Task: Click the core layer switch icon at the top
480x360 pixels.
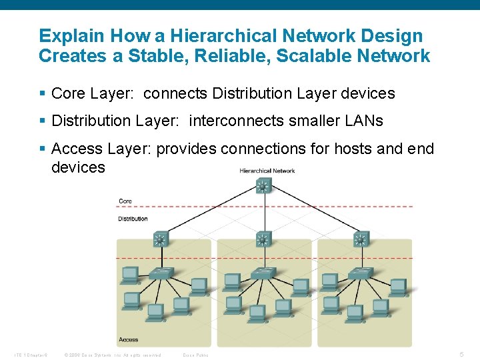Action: [263, 186]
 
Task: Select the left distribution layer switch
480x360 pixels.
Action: [160, 239]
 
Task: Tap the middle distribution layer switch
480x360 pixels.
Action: [263, 239]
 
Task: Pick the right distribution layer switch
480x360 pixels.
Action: [361, 239]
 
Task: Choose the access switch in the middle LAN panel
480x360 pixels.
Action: [263, 273]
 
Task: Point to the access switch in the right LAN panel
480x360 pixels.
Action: [361, 273]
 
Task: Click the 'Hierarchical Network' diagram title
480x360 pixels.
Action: [267, 171]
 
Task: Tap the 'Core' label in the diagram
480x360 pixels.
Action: [125, 201]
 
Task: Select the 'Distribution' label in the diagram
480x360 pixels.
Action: [133, 219]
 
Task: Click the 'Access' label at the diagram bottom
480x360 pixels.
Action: [128, 339]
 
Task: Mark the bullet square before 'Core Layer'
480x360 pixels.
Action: [43, 94]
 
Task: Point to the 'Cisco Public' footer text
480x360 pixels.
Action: [195, 355]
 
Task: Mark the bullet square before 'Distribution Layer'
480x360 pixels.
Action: [43, 121]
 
